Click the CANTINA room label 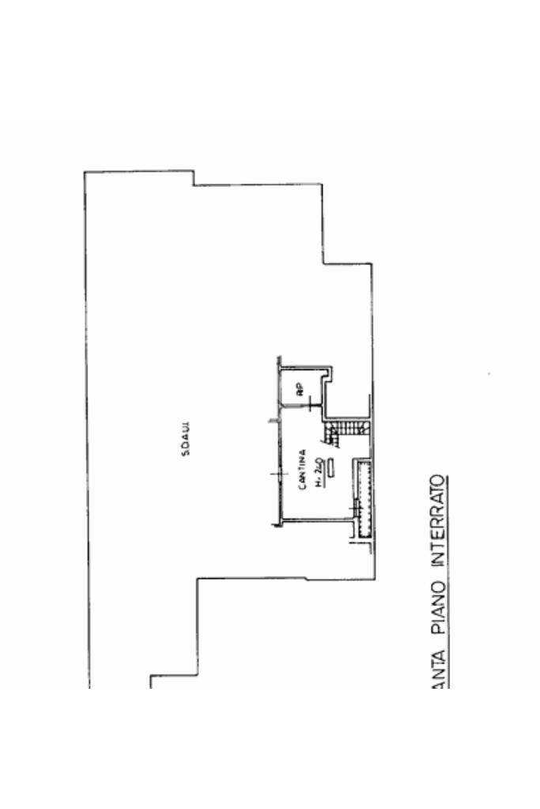click(x=303, y=470)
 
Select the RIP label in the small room click(x=300, y=388)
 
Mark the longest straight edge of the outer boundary click(x=85, y=427)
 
